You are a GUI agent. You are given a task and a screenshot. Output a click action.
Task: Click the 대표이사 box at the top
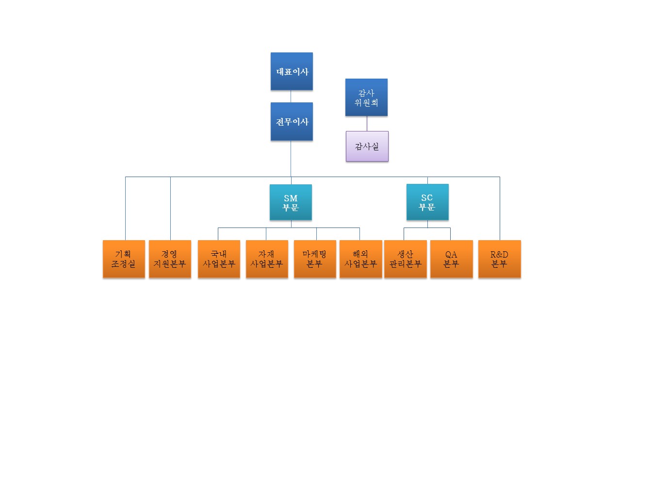[292, 71]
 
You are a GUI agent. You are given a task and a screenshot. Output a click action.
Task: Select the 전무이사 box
[292, 121]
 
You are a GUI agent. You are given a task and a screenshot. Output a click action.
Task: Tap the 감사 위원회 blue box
[366, 98]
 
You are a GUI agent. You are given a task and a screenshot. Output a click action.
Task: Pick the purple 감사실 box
[367, 146]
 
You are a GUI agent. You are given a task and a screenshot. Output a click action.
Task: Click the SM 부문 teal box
[291, 202]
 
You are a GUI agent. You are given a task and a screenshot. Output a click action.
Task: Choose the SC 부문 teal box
[427, 202]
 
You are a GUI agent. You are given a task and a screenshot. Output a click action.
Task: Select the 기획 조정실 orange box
[124, 259]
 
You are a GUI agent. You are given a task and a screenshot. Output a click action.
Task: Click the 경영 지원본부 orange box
[170, 259]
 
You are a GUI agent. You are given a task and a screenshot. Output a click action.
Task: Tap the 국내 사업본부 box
[219, 259]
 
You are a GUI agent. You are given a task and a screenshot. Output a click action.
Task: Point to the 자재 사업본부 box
[267, 259]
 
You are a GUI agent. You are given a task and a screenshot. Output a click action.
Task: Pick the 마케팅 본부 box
[315, 259]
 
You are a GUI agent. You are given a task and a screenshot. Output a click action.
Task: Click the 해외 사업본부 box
[360, 259]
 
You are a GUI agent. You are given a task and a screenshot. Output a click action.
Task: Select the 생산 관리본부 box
[406, 259]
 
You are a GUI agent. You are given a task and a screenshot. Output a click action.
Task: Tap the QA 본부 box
[451, 259]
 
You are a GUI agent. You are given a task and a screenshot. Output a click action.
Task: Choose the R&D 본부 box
[499, 259]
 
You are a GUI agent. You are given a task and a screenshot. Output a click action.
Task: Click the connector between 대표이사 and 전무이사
[291, 96]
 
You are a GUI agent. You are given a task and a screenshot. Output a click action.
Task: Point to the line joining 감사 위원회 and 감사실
[367, 124]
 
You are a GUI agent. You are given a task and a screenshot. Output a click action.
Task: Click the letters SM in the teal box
[291, 198]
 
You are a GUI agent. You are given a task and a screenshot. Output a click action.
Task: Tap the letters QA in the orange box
[451, 255]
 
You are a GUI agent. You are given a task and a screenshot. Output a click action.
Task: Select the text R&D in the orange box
[499, 255]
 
